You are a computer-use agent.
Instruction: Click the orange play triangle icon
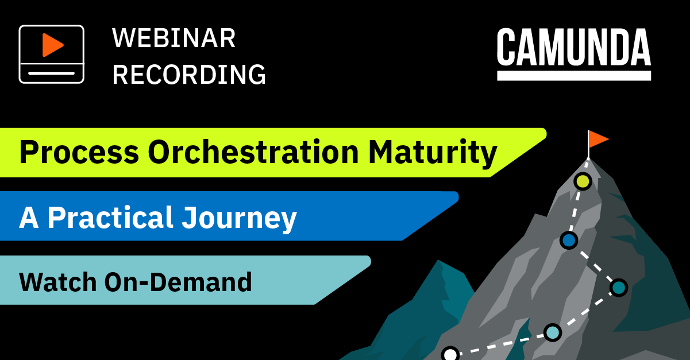(52, 45)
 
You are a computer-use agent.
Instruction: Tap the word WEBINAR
(174, 38)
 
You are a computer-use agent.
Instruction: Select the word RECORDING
(189, 74)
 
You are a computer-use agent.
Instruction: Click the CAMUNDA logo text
(574, 47)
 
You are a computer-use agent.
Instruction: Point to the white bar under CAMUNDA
(574, 76)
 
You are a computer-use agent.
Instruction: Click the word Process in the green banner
(79, 152)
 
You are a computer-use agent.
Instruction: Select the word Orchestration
(253, 152)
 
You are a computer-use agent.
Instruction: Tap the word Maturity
(433, 153)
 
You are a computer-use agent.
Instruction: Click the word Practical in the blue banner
(110, 218)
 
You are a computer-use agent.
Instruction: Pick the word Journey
(239, 219)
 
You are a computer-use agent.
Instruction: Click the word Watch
(58, 282)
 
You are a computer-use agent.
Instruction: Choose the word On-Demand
(178, 282)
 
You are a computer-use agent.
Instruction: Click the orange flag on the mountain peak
(598, 140)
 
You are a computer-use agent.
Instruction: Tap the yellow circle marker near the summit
(583, 181)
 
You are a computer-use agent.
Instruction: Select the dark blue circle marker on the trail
(569, 240)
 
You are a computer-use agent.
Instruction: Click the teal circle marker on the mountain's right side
(619, 288)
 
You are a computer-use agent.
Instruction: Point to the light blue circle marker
(553, 332)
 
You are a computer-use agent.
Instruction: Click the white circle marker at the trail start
(450, 354)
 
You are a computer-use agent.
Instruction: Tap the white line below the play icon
(52, 73)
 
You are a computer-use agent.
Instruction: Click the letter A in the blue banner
(29, 218)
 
